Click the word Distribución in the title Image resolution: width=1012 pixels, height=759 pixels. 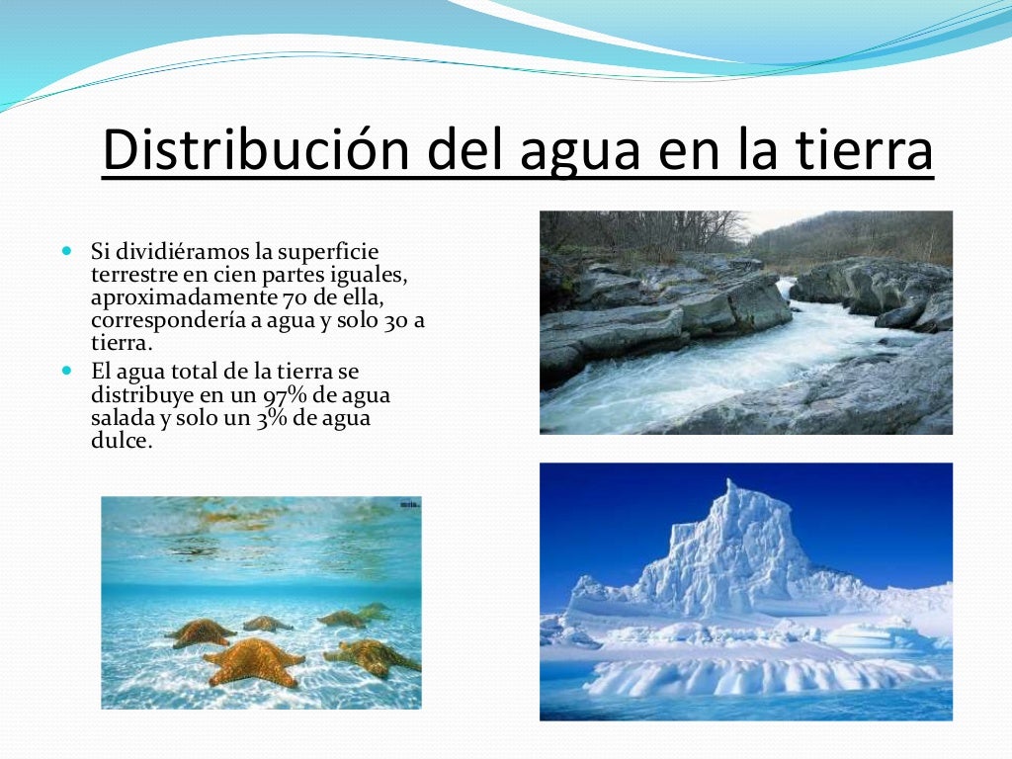coord(257,150)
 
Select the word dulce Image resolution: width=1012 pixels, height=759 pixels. coord(122,441)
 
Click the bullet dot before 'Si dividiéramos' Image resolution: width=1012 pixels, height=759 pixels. coord(67,251)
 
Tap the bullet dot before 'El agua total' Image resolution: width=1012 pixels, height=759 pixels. coord(67,372)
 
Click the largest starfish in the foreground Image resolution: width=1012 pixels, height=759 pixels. coord(254,660)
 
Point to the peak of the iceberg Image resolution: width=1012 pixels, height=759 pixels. coord(730,488)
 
